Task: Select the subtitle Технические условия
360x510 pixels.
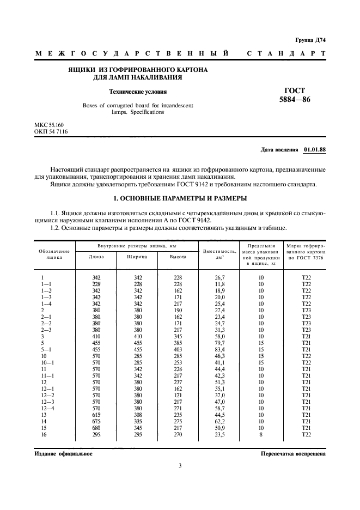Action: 138,92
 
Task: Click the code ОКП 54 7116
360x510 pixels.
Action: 51,131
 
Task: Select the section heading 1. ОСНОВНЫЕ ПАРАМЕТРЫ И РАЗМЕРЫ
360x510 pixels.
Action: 180,197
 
